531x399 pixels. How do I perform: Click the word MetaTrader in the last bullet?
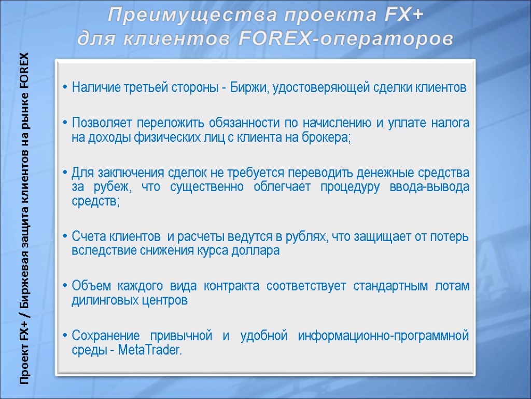point(150,350)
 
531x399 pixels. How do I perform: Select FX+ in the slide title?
point(404,17)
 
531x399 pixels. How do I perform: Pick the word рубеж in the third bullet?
point(106,187)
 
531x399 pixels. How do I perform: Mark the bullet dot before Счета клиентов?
point(64,237)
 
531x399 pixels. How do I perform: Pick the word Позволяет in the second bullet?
point(99,124)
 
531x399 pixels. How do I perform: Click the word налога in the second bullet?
point(453,124)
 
